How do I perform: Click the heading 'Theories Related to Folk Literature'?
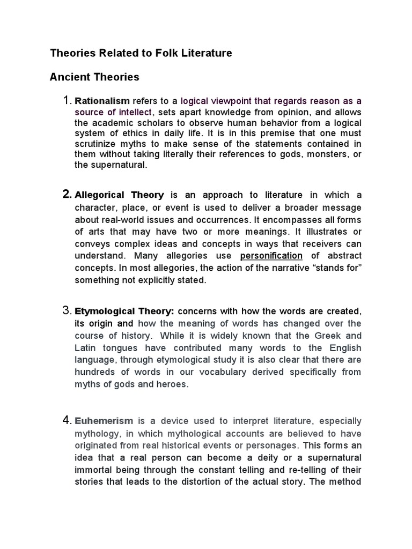(141, 53)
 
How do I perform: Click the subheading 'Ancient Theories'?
(94, 77)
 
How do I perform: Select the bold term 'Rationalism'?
(102, 101)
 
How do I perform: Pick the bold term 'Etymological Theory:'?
(124, 311)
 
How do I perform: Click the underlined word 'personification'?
(271, 255)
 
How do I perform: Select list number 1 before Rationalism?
(68, 101)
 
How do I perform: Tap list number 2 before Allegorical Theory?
(68, 195)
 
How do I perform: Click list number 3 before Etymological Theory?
(68, 311)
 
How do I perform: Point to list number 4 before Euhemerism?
(68, 420)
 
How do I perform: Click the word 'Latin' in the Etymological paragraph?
(86, 348)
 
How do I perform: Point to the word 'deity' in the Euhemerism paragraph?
(269, 457)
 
